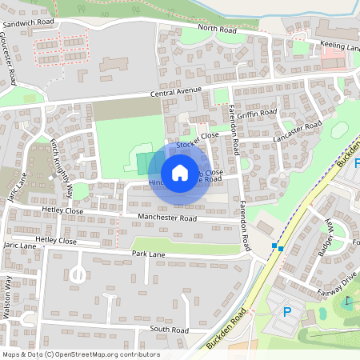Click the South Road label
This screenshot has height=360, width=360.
coord(168,330)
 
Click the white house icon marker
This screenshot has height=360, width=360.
coord(180,172)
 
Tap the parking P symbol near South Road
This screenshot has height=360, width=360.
coord(287,310)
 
